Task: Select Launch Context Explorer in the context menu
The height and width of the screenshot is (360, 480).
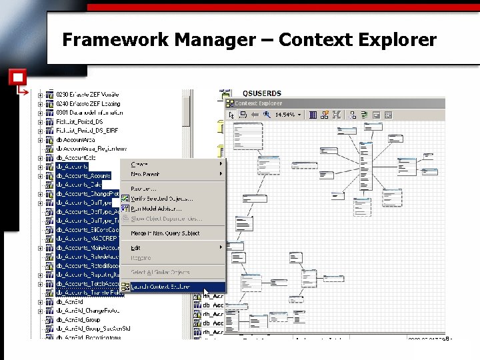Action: [x=161, y=287]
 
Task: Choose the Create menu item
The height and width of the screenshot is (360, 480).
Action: [x=139, y=164]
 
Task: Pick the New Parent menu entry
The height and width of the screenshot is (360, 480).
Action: [x=145, y=175]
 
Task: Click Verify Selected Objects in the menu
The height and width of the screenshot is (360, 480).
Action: [x=162, y=199]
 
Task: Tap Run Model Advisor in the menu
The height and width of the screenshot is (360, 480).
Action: [x=156, y=209]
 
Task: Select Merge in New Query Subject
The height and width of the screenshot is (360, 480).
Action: [x=165, y=233]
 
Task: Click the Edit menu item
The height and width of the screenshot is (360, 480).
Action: [x=135, y=248]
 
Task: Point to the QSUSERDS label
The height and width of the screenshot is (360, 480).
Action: [x=262, y=93]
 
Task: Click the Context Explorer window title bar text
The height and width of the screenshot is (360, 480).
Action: [x=259, y=103]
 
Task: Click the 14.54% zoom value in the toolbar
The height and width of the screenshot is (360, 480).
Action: [x=285, y=115]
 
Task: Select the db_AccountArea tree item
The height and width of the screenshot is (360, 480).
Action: [x=75, y=139]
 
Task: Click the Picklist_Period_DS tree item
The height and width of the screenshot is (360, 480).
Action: [x=79, y=121]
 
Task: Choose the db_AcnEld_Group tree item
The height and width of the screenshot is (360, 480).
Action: [x=78, y=320]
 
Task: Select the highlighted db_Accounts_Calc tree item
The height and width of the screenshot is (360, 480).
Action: [x=79, y=185]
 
